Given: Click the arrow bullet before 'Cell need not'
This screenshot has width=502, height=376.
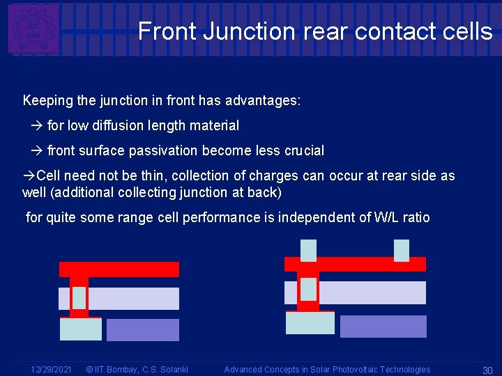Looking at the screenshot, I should point(29,175).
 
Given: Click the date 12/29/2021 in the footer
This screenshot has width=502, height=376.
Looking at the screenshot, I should point(51,370).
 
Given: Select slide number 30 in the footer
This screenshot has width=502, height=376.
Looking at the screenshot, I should point(487,370).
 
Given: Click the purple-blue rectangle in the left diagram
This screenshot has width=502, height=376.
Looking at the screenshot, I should point(142,330).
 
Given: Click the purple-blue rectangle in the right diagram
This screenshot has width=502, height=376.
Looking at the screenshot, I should point(383,327).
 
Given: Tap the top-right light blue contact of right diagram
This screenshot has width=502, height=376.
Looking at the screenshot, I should point(402,249).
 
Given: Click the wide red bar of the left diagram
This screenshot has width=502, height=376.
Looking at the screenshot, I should point(119,269).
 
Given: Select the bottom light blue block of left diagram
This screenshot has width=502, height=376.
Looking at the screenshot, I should point(81,329).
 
